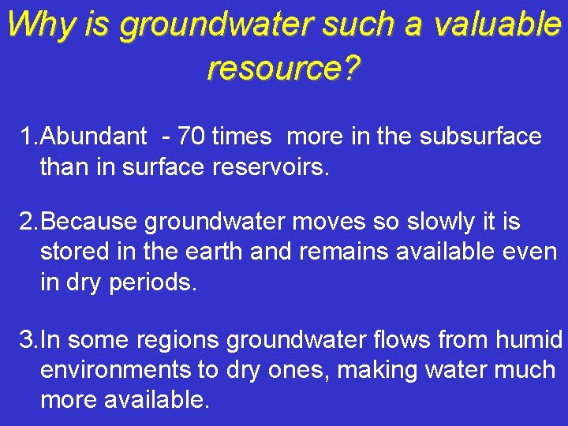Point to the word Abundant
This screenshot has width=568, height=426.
click(x=93, y=136)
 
